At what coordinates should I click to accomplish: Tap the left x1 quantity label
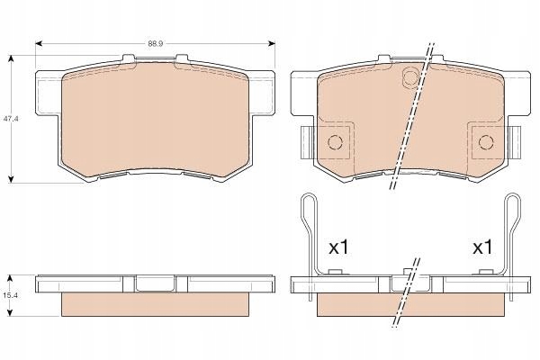[x=337, y=246]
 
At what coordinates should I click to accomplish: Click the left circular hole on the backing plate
[x=334, y=141]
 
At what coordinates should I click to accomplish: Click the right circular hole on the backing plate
[x=486, y=141]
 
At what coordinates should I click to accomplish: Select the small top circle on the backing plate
[x=410, y=78]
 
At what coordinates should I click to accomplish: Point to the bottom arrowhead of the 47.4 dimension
[x=12, y=181]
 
